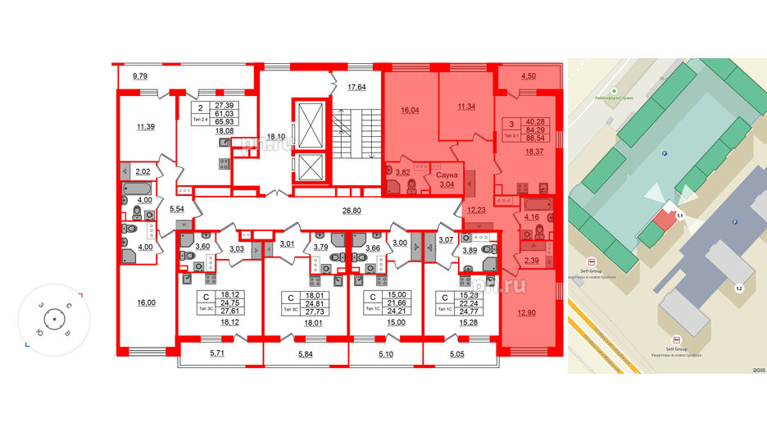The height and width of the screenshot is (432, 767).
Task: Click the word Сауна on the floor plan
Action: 447,175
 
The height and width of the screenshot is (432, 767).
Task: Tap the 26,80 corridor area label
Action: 352,211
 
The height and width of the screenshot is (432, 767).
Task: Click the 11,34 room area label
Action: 466,107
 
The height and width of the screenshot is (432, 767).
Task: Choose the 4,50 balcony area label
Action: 529,77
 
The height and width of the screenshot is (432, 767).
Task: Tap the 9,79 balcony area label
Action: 133,77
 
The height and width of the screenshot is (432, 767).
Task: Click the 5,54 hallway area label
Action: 175,210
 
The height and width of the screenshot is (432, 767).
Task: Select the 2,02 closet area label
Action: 143,171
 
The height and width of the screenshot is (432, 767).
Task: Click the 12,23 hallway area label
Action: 476,210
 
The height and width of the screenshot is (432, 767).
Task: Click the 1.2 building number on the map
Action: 738,288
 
